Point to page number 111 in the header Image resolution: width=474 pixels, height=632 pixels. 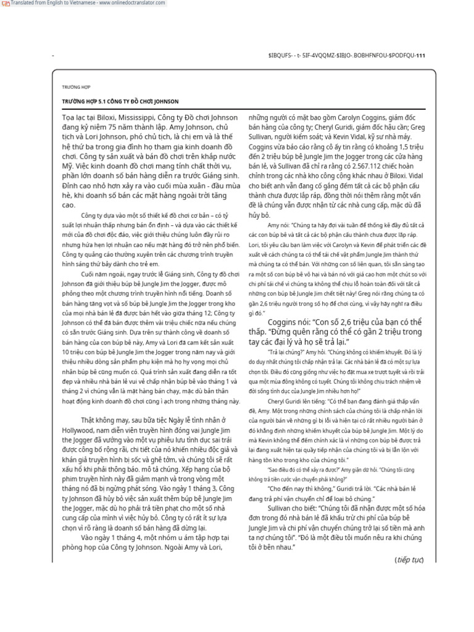coord(420,55)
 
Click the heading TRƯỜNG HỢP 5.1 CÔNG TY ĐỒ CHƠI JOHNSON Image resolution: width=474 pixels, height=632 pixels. coord(120,101)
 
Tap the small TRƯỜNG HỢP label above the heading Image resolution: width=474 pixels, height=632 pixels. coord(76,88)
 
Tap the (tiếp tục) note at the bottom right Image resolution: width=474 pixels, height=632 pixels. coord(409,559)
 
